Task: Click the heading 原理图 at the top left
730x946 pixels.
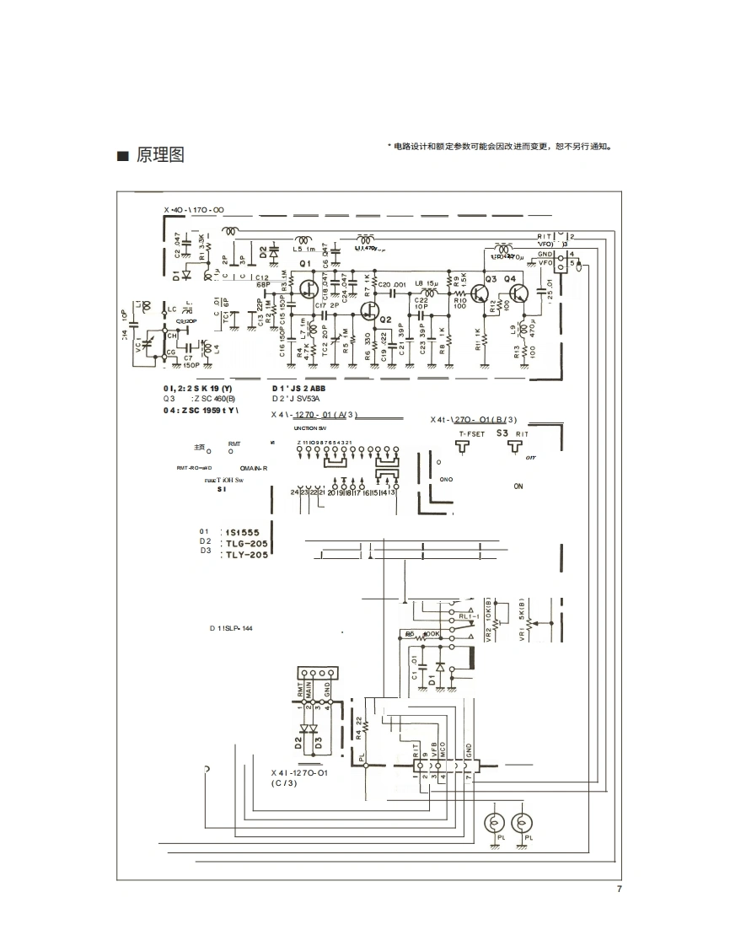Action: click(160, 156)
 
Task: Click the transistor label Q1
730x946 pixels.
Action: click(306, 264)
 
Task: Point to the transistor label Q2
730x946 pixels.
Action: click(385, 321)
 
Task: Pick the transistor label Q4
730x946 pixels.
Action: click(511, 278)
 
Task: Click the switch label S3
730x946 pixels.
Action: click(502, 432)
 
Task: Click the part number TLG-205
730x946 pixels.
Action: click(246, 544)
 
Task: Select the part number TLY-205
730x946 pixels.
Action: click(246, 556)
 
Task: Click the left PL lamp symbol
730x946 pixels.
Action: click(497, 823)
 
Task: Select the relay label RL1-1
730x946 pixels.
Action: click(469, 616)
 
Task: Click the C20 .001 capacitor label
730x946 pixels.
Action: click(392, 284)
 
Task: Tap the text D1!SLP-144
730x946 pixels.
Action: click(232, 629)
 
